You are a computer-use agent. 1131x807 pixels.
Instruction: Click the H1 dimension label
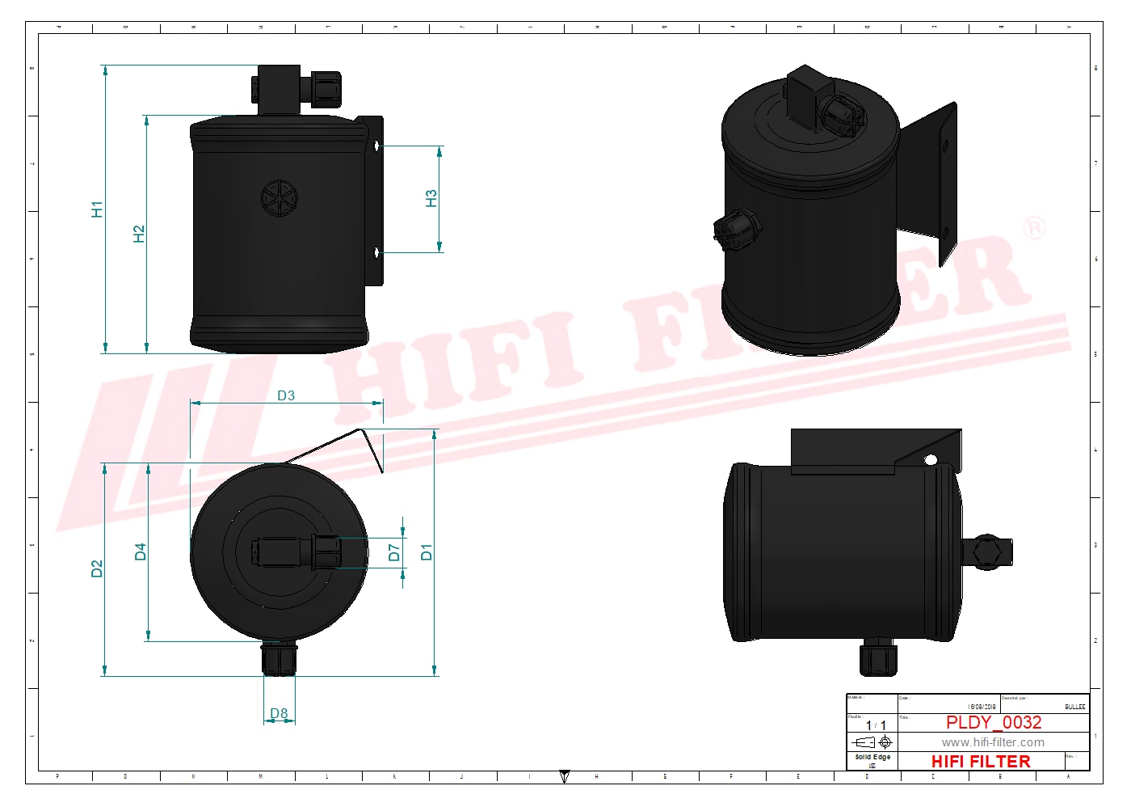click(x=97, y=209)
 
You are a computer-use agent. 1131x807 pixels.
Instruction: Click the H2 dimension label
click(x=139, y=234)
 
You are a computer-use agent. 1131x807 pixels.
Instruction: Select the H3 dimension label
click(x=431, y=198)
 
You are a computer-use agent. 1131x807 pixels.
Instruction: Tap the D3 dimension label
click(x=286, y=395)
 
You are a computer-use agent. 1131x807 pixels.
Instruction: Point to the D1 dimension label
click(x=427, y=552)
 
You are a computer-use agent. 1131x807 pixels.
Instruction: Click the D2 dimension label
click(x=97, y=568)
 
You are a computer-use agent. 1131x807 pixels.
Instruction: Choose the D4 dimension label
click(x=140, y=551)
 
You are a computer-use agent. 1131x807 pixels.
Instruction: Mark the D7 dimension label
click(x=393, y=552)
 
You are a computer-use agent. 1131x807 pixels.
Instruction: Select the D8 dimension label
click(x=279, y=713)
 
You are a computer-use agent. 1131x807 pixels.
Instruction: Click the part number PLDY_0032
click(x=994, y=722)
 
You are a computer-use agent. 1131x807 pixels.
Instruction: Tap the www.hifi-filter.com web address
click(x=993, y=742)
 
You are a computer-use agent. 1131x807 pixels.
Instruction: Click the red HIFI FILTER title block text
click(x=981, y=761)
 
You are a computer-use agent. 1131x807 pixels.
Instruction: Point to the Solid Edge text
click(x=872, y=757)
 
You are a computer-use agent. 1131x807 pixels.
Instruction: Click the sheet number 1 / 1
click(x=876, y=725)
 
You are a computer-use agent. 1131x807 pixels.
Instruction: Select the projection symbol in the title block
click(x=872, y=742)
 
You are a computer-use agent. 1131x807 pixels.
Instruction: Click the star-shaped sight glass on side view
click(x=280, y=197)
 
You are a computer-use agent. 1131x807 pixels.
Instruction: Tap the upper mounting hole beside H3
click(x=376, y=146)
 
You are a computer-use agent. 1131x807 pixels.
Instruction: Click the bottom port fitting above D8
click(x=280, y=658)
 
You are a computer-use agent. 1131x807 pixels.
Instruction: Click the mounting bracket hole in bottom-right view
click(x=931, y=460)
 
